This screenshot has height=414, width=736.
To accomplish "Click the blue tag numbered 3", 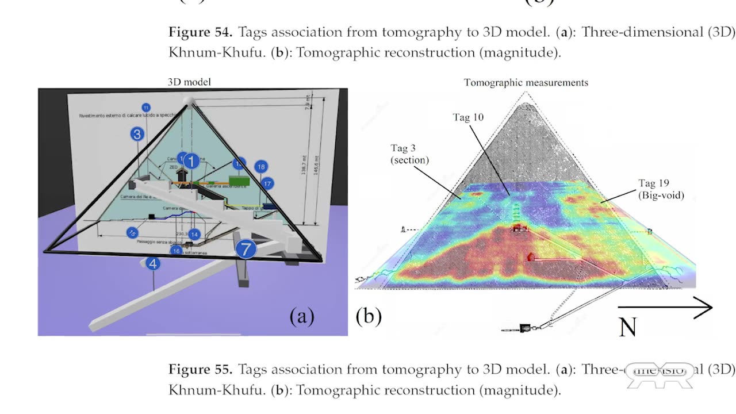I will click(137, 135).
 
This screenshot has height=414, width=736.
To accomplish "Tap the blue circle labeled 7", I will click(246, 249).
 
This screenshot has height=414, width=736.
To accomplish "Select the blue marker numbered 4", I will click(152, 264).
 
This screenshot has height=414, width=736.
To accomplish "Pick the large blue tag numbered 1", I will click(191, 161).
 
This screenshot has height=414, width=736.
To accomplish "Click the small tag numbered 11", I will click(146, 108).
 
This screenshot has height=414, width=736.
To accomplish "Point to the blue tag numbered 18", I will click(262, 167).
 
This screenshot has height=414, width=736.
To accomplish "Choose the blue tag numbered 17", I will click(267, 183).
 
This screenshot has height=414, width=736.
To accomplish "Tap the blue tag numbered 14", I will click(195, 234).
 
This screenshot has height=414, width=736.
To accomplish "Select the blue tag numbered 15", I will click(133, 232).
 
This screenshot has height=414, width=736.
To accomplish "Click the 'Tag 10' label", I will click(468, 117).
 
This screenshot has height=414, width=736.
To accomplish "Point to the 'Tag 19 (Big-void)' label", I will click(661, 189).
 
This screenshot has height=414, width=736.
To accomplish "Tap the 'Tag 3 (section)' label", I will click(410, 155).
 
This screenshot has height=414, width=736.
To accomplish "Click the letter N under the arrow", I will click(628, 327).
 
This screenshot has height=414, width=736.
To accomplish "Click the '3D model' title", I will click(189, 82).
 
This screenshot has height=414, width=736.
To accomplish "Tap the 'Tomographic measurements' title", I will click(526, 83).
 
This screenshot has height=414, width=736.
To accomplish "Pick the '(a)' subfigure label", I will click(302, 316).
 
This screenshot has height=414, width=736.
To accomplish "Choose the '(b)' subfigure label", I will click(369, 316).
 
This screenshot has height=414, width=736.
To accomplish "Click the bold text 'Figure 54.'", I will click(200, 32).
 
